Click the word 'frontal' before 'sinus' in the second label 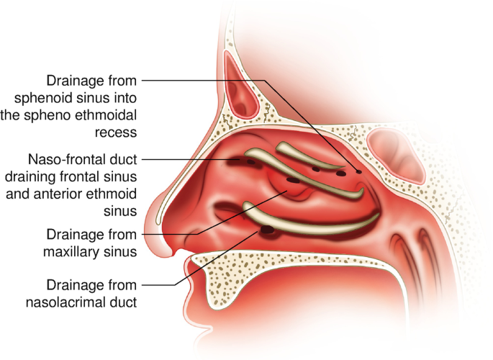tap(81, 175)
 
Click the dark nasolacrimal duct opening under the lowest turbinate tap(268, 230)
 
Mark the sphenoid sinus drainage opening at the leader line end tap(358, 171)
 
